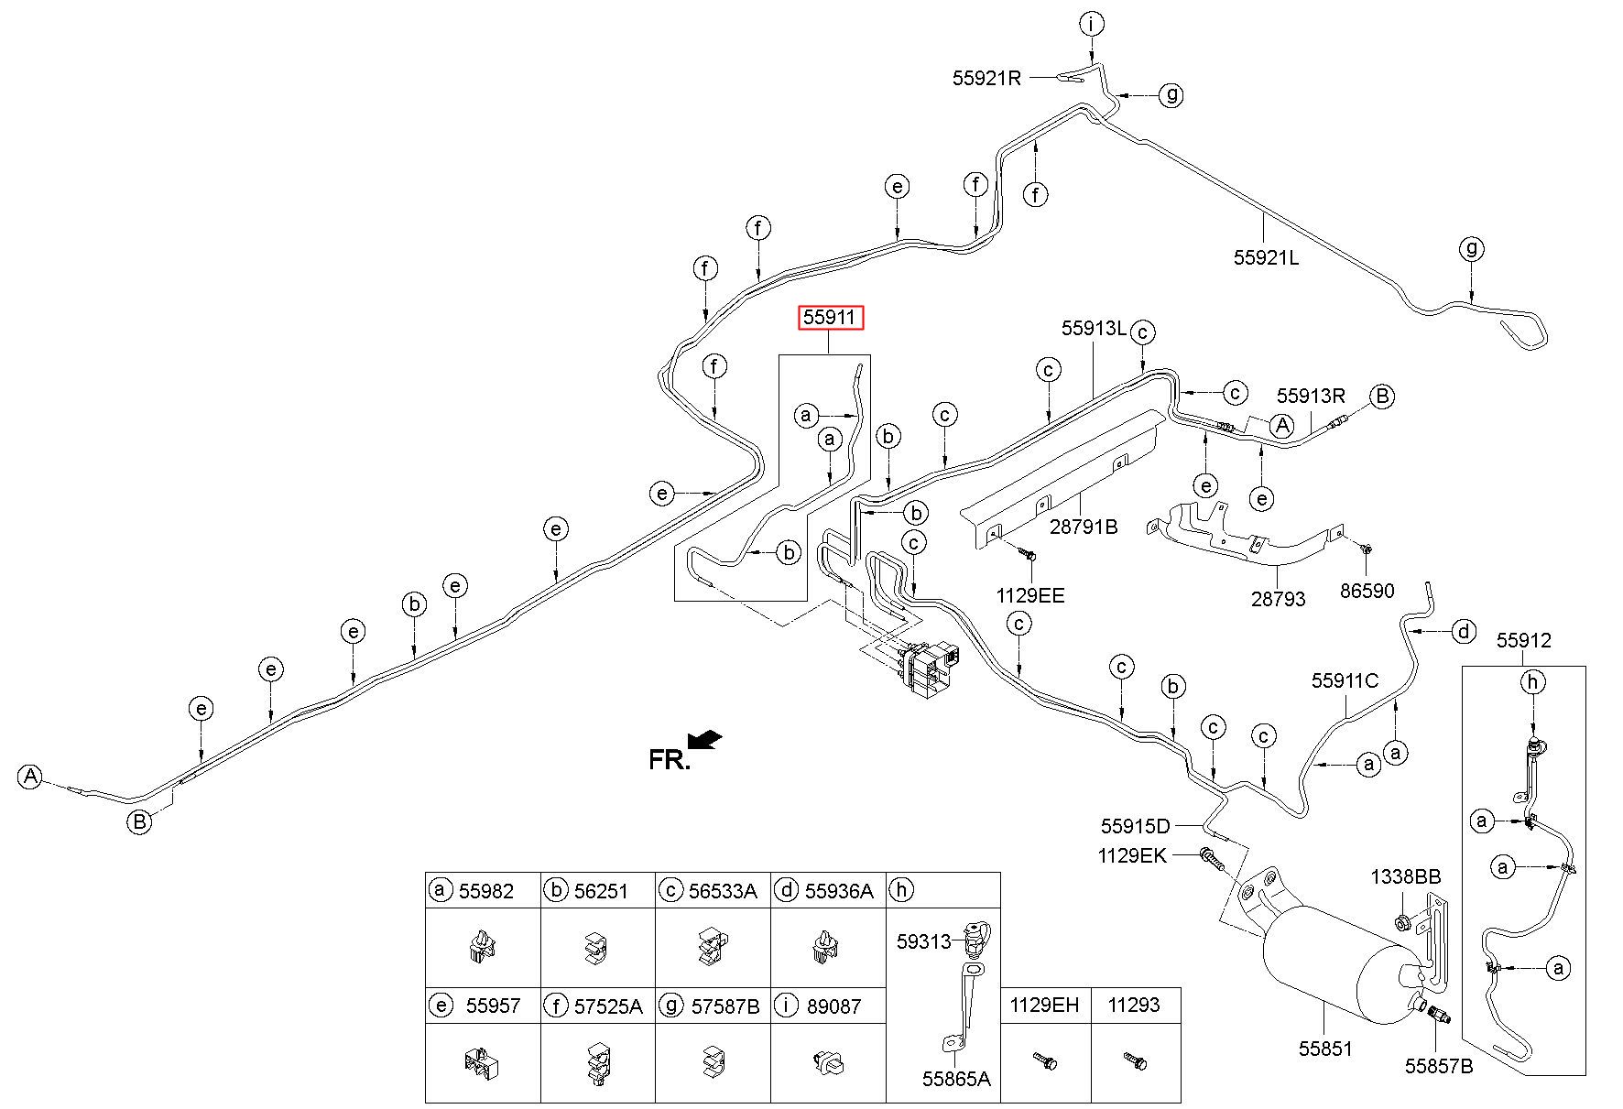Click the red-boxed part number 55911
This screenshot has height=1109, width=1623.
(830, 318)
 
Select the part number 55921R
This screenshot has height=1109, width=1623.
(986, 78)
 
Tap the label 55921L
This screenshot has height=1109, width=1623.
(1266, 257)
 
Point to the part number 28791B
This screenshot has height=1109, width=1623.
(1084, 527)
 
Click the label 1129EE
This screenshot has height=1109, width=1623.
(1030, 596)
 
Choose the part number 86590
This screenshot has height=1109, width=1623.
(1367, 591)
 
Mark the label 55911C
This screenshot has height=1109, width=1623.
(1345, 680)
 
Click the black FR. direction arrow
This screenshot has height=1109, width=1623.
(704, 739)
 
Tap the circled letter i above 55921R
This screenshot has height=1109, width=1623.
(1091, 25)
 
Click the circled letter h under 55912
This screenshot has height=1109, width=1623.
(1532, 681)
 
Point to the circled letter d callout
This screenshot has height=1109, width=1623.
(1465, 631)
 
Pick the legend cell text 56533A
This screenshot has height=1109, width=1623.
(723, 890)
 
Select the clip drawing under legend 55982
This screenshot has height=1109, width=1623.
(482, 947)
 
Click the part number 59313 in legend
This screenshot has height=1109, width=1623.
(923, 940)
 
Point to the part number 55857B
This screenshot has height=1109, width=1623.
(1439, 1065)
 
